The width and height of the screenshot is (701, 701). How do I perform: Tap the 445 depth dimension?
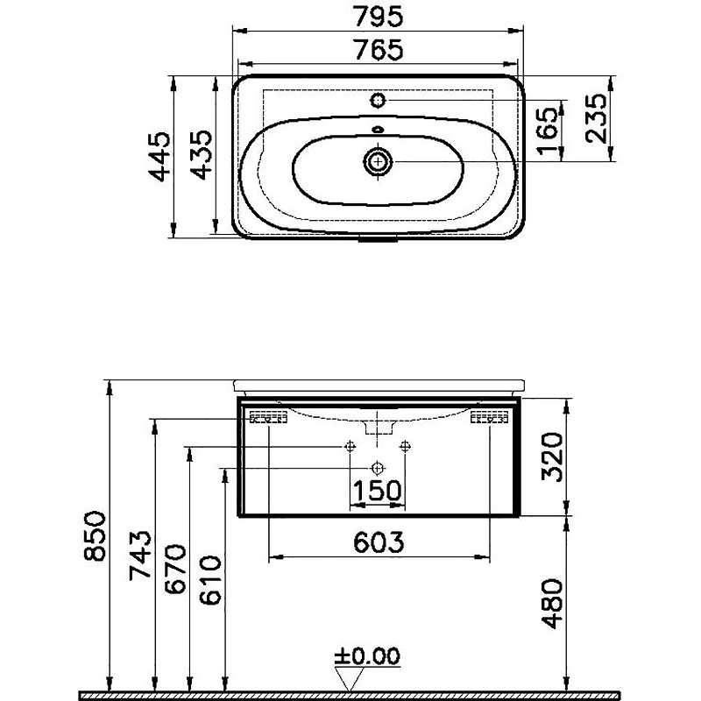coord(159,157)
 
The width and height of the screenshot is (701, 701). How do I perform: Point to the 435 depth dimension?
coord(200,157)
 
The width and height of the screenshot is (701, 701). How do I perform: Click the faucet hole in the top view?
coord(379,100)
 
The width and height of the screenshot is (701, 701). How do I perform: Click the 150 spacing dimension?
coord(377,492)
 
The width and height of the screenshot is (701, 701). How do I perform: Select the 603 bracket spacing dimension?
coord(378,542)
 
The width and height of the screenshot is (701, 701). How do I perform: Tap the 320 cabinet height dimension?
coord(550,457)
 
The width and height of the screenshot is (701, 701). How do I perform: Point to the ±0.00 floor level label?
coord(367,655)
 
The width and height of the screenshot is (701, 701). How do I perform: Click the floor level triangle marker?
coord(350,677)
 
